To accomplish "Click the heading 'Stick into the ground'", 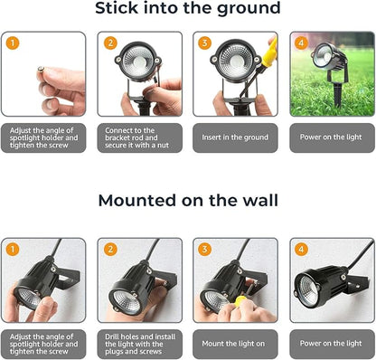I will coord(188,10).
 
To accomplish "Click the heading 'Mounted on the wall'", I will coord(188,201).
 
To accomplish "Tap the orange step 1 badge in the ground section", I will coord(12,43).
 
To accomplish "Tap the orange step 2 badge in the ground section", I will coord(110,43).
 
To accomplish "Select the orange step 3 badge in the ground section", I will coord(204,43).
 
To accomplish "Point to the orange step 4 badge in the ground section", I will coord(300,43).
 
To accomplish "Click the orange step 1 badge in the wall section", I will coord(12,249).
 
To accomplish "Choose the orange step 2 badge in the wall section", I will coord(110,249).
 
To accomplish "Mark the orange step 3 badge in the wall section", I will coord(204,249).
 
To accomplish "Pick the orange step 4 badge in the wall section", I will coord(300,249).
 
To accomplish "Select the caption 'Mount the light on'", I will coord(234,343).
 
